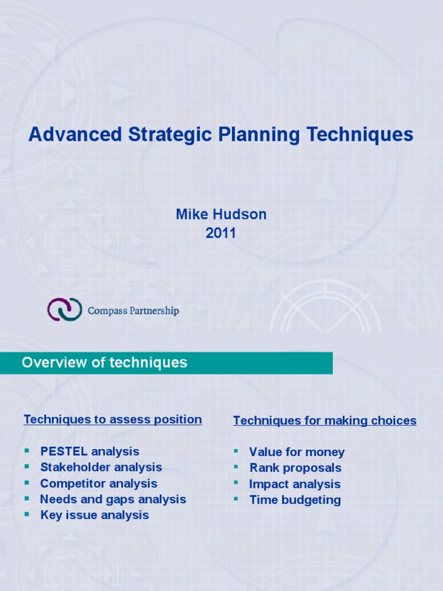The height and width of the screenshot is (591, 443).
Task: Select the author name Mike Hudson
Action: tap(221, 215)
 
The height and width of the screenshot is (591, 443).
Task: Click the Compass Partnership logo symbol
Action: tap(64, 309)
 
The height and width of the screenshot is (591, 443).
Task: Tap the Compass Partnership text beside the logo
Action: tap(133, 311)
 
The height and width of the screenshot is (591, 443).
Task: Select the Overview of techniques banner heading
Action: tap(104, 362)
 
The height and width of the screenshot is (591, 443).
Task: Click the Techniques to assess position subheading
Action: tap(112, 420)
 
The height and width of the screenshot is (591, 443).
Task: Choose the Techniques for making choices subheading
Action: tap(324, 421)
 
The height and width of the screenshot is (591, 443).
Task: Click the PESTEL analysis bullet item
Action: tap(89, 451)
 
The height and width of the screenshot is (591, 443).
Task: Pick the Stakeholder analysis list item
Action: tap(101, 467)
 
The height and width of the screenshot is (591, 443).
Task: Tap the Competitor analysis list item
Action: tap(98, 483)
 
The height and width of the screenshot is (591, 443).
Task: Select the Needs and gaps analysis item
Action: tap(112, 499)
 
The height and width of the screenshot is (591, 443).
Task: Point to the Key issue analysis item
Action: tap(94, 515)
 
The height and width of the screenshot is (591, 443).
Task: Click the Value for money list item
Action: tap(296, 452)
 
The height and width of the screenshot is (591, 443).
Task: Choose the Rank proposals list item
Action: tap(295, 467)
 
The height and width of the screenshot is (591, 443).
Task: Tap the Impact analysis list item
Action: tap(294, 484)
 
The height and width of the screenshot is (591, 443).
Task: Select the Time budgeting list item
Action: tap(294, 500)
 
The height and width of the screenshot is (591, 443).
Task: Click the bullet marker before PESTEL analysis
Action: tap(27, 451)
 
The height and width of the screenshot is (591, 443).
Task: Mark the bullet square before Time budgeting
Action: tap(236, 499)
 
